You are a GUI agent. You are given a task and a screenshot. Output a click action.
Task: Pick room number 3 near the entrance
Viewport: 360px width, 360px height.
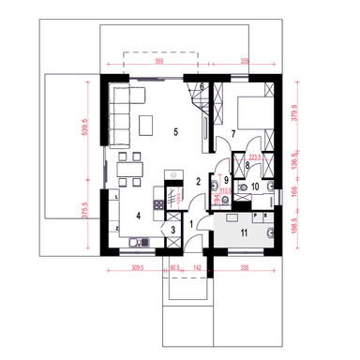point(173,229)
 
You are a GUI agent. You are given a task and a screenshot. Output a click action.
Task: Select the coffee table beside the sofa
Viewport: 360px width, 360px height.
point(148,125)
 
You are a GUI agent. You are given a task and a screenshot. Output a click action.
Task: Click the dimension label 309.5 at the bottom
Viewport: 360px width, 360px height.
point(137,268)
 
